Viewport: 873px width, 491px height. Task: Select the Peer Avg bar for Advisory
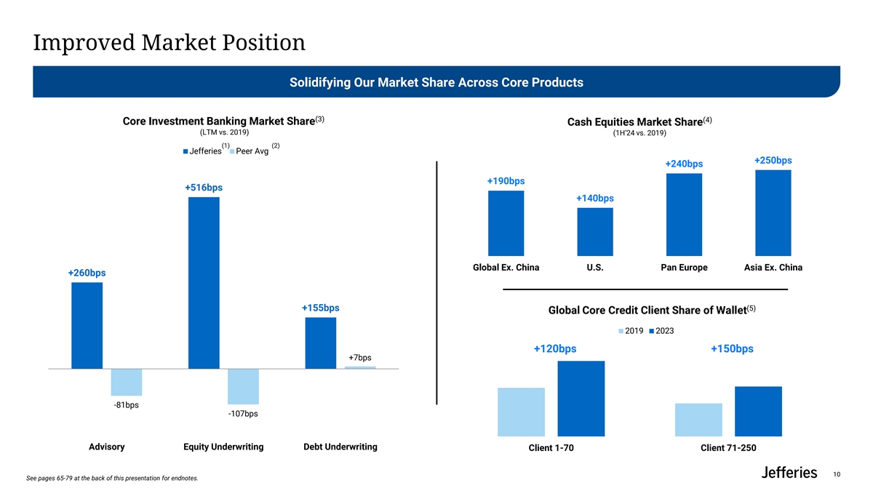(x=127, y=382)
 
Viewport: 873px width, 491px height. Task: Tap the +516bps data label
(x=204, y=188)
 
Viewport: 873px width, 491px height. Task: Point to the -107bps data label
(x=242, y=414)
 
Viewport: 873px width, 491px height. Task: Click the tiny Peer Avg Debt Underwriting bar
(x=360, y=367)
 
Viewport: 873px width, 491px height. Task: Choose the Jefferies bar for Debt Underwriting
(x=321, y=343)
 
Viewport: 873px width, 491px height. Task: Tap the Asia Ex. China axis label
(x=773, y=268)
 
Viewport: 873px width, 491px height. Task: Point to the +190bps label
(x=506, y=180)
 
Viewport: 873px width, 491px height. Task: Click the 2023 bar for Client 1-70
(x=581, y=398)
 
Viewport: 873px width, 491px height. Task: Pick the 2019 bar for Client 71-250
(x=698, y=420)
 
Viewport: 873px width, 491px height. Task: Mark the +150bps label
(x=732, y=349)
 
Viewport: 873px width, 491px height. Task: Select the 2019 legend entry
(x=630, y=332)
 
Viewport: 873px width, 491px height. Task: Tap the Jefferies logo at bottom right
(x=789, y=474)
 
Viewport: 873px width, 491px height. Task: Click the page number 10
(x=837, y=475)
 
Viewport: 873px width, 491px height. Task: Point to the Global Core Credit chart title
(x=647, y=311)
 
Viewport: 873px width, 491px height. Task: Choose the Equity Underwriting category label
(x=223, y=447)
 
